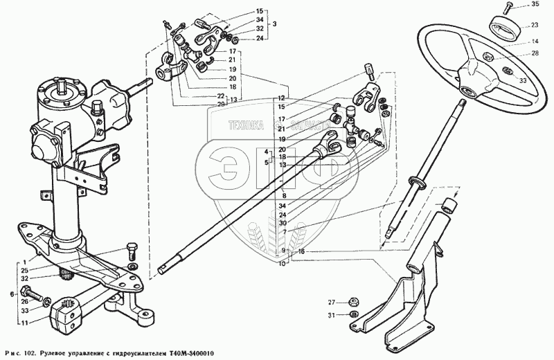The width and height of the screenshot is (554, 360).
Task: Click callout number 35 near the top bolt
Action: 535,6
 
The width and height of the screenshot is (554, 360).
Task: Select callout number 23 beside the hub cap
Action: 535,25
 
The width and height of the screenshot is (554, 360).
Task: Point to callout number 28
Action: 535,53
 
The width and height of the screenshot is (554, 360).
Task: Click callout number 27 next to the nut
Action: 332,303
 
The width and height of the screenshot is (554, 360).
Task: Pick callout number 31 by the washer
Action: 332,316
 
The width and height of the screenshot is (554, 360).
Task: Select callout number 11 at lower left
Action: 25,324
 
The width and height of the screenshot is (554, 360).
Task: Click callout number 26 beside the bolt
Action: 25,300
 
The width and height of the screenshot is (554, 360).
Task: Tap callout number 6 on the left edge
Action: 11,294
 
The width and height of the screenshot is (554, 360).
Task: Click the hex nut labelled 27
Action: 351,302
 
